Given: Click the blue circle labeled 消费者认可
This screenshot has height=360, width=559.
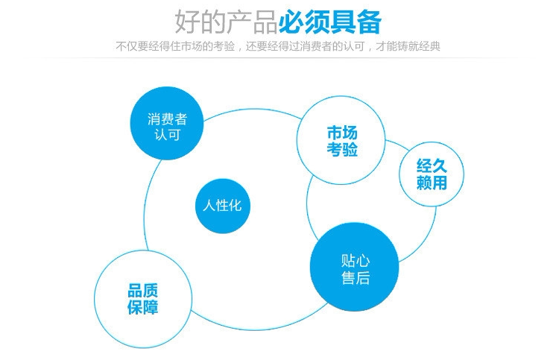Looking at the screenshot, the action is pos(167,124).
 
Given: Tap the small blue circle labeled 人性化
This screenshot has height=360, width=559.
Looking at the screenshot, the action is pos(222,206).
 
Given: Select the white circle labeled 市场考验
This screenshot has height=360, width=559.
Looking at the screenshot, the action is pos(341,141).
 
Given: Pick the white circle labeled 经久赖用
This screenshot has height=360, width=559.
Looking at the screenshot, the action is pos(432,174).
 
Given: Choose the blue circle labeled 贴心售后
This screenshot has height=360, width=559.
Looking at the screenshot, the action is pos(355,268).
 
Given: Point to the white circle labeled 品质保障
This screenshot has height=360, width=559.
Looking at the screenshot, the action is pos(142,299).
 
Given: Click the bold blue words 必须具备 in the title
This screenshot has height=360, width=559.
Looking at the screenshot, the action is pos(329,22).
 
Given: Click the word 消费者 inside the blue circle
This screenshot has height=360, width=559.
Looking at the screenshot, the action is pos(167,119).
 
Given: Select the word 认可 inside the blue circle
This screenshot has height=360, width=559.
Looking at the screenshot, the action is pos(167,135).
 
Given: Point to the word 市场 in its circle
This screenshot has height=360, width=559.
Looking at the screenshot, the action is pos(342,133).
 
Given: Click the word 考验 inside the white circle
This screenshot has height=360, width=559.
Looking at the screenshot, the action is pos(342,150).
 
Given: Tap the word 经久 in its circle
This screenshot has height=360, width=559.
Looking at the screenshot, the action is pos(432,166).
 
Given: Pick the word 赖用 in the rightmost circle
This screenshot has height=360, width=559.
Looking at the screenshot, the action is pos(432,183).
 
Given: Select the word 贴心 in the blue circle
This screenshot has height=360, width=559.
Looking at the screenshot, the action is pos(356,260).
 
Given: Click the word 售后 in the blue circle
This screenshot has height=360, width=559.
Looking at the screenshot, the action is pos(356,278).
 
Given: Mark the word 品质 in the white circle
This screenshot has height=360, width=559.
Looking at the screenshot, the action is pos(142,291).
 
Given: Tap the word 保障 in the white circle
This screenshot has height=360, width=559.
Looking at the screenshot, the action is pos(142,307).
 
